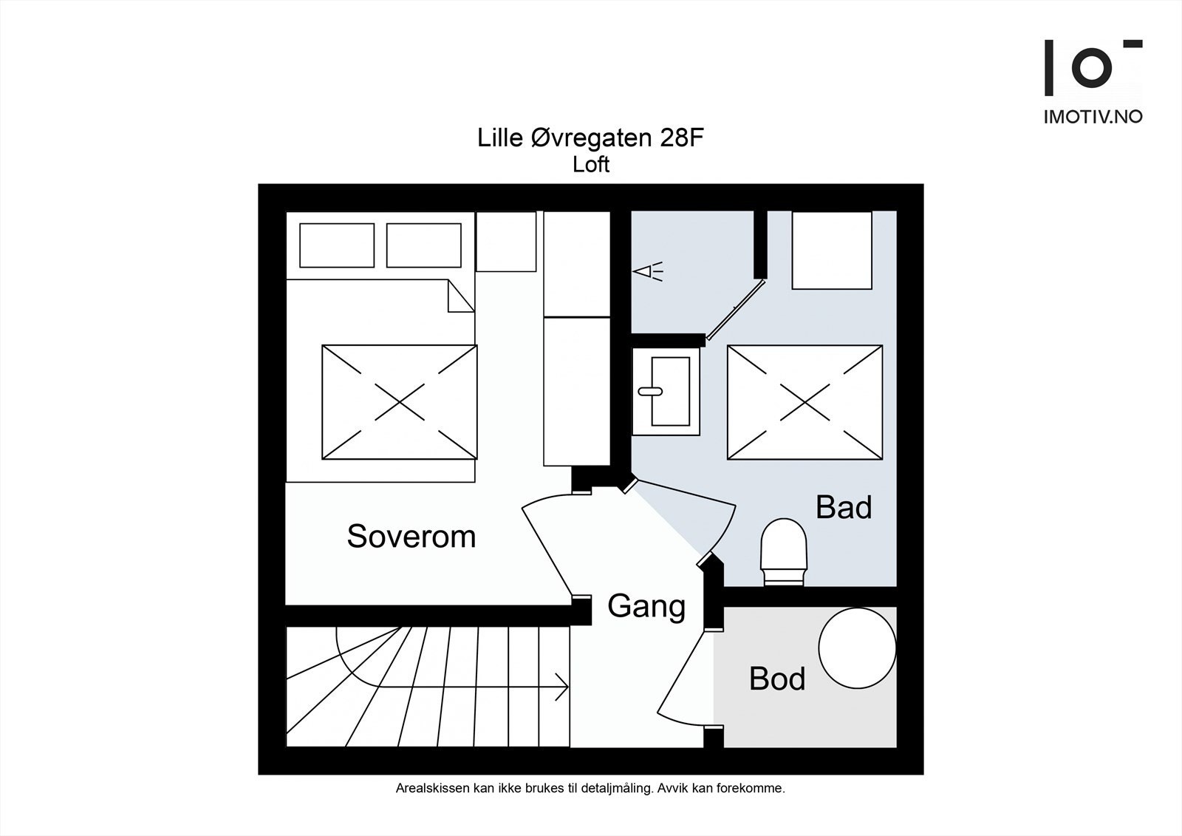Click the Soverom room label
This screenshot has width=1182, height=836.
pyautogui.click(x=411, y=536)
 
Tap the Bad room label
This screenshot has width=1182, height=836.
pyautogui.click(x=843, y=507)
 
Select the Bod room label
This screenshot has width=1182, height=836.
pyautogui.click(x=776, y=679)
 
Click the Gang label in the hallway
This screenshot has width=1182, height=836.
pyautogui.click(x=646, y=606)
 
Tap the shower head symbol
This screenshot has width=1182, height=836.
pyautogui.click(x=648, y=272)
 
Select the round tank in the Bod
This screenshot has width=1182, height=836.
pyautogui.click(x=857, y=648)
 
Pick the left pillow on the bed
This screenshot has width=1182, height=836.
pyautogui.click(x=337, y=245)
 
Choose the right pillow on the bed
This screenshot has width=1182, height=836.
pyautogui.click(x=423, y=245)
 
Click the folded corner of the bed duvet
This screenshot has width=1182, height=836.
pyautogui.click(x=460, y=299)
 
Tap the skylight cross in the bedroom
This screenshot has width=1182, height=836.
pyautogui.click(x=399, y=402)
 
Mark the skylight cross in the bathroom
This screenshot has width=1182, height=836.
pyautogui.click(x=804, y=403)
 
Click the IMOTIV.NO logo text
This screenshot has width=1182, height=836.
pyautogui.click(x=1093, y=117)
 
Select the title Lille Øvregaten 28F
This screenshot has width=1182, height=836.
pyautogui.click(x=587, y=138)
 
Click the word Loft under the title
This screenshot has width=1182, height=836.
pyautogui.click(x=591, y=164)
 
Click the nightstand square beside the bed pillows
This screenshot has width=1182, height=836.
pyautogui.click(x=506, y=242)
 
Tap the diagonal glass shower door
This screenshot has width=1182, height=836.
pyautogui.click(x=735, y=309)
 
